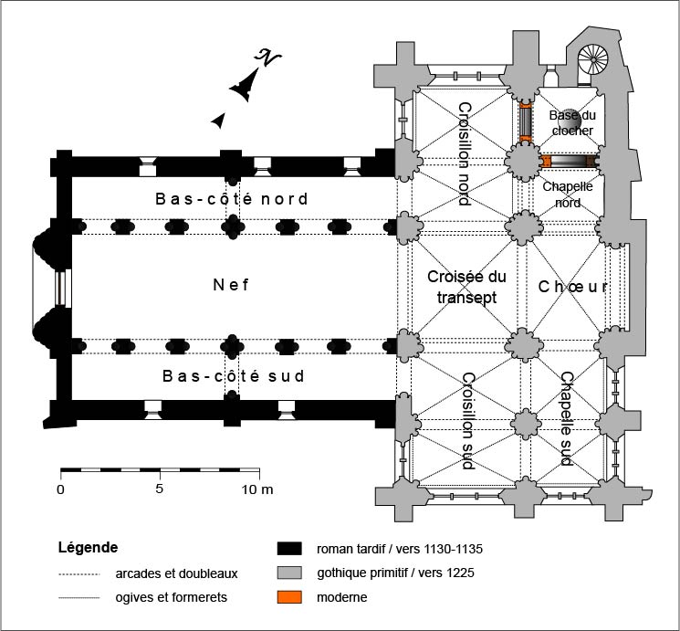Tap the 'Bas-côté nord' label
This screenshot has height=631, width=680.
[231, 198]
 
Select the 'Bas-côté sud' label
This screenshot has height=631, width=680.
[232, 375]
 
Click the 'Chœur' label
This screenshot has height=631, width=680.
[572, 287]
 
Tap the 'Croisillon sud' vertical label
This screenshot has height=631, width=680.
[468, 420]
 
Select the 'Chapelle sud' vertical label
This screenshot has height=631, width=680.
[566, 418]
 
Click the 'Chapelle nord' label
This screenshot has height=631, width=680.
[568, 194]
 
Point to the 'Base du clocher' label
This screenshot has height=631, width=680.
[571, 123]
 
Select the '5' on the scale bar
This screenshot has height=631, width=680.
[161, 489]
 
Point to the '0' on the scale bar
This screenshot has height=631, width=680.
[61, 489]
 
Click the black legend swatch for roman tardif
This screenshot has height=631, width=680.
[289, 549]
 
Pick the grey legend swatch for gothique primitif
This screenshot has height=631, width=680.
[289, 573]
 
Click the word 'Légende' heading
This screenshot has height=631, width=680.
[87, 549]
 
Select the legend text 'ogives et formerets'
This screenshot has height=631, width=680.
[171, 598]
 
